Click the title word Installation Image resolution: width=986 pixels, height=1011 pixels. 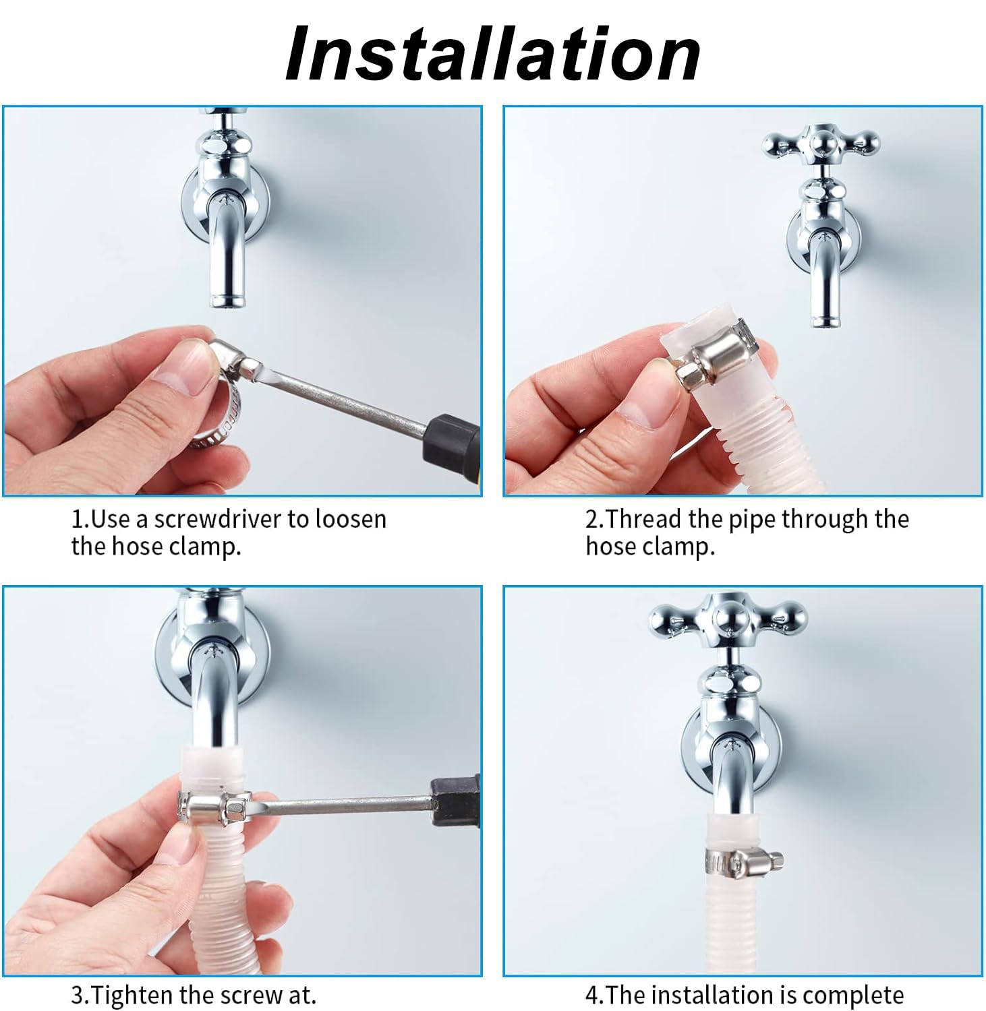click(x=493, y=53)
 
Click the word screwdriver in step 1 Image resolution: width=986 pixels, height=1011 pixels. click(x=219, y=519)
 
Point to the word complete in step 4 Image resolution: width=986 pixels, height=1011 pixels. click(x=853, y=995)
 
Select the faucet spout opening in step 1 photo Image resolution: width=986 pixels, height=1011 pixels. click(x=227, y=303)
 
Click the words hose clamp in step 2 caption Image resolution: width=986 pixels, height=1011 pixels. click(x=649, y=546)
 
